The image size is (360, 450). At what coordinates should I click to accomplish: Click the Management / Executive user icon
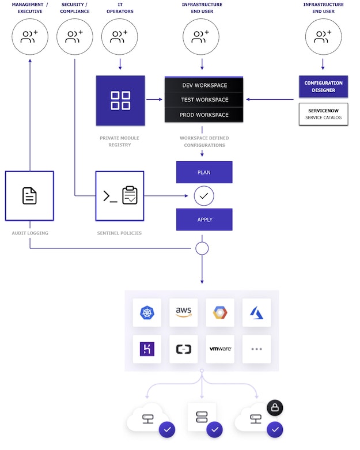[x=29, y=37]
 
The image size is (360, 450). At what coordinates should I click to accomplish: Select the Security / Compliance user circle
[x=75, y=37]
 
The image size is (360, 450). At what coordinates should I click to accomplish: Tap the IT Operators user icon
[x=120, y=37]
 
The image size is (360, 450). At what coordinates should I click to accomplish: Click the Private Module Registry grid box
[x=120, y=100]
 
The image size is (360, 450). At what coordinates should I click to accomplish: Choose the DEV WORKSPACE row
[x=204, y=85]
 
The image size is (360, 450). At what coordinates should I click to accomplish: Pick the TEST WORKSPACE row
[x=204, y=100]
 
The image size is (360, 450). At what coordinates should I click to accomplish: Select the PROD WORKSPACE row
[x=204, y=115]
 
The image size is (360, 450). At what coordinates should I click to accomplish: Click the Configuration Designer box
[x=323, y=86]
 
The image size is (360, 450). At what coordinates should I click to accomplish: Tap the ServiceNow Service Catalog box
[x=323, y=114]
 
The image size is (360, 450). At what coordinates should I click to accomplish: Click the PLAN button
[x=204, y=172]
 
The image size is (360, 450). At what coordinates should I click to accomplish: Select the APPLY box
[x=204, y=220]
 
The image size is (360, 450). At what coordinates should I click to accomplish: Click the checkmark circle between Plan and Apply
[x=204, y=196]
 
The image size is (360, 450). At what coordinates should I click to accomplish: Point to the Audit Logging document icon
[x=29, y=196]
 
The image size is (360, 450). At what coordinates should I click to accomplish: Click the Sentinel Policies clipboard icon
[x=130, y=196]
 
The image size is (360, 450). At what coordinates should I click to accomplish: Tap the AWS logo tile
[x=184, y=312]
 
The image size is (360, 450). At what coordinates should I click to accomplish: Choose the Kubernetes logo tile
[x=147, y=312]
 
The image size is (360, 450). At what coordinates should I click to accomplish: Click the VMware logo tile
[x=220, y=349]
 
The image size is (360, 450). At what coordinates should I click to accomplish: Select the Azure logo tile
[x=256, y=312]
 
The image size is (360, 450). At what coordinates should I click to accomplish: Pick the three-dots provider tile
[x=256, y=349]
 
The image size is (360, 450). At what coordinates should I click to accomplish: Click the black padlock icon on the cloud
[x=275, y=408]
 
